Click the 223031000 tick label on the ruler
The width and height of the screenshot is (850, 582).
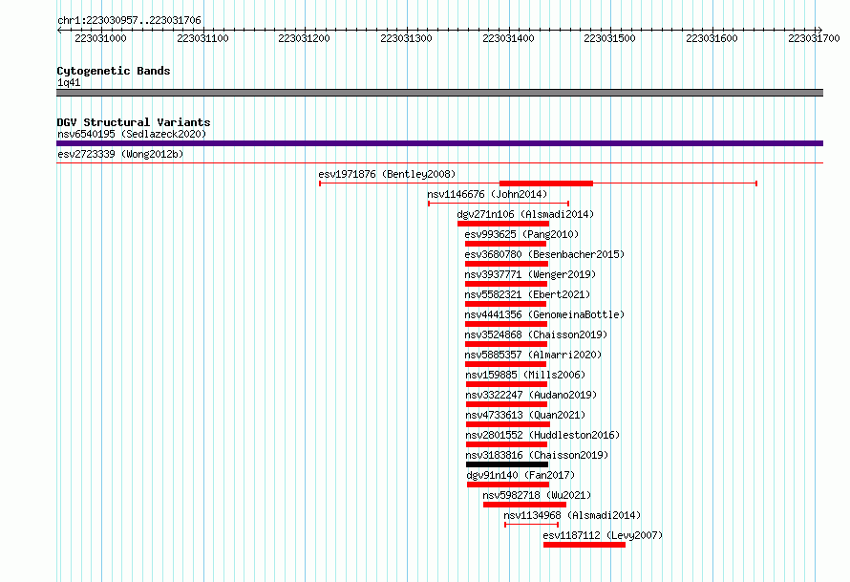click(100, 38)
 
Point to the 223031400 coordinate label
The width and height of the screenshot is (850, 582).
click(508, 38)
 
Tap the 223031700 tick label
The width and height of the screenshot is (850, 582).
click(814, 38)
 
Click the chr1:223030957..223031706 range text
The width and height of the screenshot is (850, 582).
click(129, 20)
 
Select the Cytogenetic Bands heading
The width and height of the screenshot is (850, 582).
click(114, 71)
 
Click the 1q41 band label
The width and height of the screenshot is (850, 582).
click(69, 82)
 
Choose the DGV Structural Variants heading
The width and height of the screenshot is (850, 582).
click(134, 122)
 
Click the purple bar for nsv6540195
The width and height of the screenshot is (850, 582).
click(439, 143)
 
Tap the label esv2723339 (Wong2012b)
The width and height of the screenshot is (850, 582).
click(120, 154)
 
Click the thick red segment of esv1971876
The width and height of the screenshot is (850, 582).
click(546, 183)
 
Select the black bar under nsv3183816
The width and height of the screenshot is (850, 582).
click(507, 464)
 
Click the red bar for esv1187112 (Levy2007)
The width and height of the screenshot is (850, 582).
click(584, 545)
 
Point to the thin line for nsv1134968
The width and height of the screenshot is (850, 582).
click(531, 525)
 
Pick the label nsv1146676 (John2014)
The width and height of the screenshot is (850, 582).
click(487, 194)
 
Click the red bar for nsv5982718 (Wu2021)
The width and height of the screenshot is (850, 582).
click(524, 505)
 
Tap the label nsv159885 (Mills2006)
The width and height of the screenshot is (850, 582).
click(525, 375)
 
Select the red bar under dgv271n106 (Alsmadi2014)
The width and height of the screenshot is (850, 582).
click(503, 224)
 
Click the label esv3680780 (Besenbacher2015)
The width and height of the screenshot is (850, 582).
click(544, 254)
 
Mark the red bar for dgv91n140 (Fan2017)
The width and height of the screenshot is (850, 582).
click(508, 485)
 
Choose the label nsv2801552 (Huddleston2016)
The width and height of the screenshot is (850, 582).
click(542, 435)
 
